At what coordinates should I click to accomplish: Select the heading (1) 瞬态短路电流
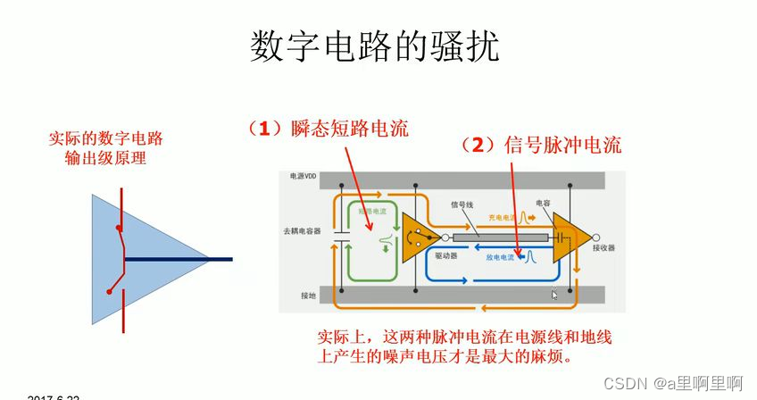[327, 129]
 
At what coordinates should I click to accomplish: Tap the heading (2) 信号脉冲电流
[540, 145]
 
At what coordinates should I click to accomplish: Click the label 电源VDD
[304, 177]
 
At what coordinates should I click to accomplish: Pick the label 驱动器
[445, 255]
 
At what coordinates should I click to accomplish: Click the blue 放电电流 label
[500, 257]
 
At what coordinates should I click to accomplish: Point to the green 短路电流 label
[373, 212]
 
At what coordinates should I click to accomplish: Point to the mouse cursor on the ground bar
[554, 294]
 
